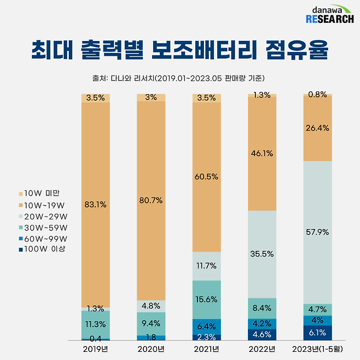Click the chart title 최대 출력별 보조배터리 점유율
click(179, 51)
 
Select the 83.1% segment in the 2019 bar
click(96, 205)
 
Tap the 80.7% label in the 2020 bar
click(151, 200)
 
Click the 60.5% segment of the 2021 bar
click(207, 177)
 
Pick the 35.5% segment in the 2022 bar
click(262, 254)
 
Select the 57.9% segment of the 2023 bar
click(318, 232)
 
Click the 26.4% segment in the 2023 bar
click(318, 128)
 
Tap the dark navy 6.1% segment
click(318, 333)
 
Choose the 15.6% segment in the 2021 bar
click(207, 299)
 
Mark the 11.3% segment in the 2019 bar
click(96, 324)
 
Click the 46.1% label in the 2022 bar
click(262, 154)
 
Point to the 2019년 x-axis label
click(96, 349)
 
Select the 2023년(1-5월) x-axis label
click(318, 349)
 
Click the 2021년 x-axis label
click(207, 349)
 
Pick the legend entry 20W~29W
click(43, 216)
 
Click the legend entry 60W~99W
click(43, 239)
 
